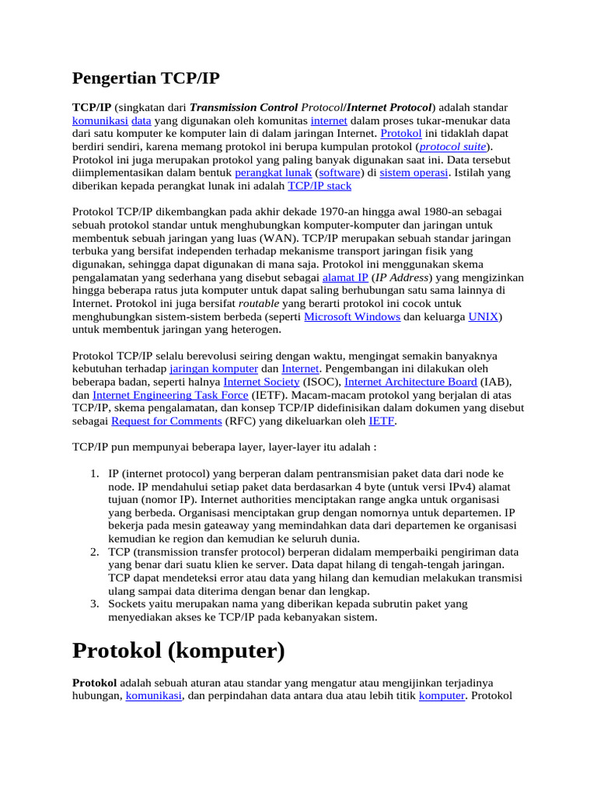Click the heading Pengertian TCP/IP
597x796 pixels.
pos(147,78)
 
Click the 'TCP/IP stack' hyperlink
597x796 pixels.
pos(319,186)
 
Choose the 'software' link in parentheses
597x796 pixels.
pos(340,173)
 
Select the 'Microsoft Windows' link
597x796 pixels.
pos(352,316)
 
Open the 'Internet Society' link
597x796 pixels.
pos(261,382)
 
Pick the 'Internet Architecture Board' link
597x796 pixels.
pos(410,382)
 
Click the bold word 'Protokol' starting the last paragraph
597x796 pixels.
pos(95,683)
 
